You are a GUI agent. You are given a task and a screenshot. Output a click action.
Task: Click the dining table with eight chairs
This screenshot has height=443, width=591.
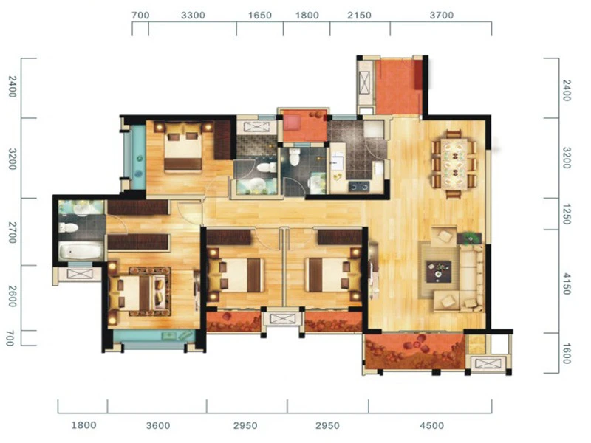454,164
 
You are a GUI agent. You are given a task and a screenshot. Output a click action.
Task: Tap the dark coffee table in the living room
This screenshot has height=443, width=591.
439,271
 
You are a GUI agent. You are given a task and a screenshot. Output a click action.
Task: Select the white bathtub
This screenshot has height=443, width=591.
81,250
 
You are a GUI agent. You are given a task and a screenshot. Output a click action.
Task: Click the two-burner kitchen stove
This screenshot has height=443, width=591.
358,186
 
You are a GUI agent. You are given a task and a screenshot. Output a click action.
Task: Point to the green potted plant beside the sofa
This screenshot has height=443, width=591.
470,238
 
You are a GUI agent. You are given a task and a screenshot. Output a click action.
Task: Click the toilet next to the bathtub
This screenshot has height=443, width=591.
69,227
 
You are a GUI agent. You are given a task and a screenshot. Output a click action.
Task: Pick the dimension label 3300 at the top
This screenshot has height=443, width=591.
193,16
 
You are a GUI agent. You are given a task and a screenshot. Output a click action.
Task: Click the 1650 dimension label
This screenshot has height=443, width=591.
260,16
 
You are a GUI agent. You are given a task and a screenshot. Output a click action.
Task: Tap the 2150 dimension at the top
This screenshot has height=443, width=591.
359,16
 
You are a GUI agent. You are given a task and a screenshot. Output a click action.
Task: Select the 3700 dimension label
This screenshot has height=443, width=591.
441,16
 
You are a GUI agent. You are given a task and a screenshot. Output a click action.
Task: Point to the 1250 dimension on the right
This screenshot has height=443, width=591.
567,214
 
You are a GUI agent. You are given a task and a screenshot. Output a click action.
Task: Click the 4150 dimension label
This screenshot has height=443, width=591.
567,284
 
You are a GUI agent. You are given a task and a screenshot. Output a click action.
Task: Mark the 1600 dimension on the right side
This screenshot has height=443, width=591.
567,354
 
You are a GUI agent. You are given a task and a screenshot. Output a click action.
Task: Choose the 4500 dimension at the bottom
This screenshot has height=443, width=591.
432,426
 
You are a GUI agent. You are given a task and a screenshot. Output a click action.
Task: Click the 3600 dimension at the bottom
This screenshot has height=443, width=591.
158,426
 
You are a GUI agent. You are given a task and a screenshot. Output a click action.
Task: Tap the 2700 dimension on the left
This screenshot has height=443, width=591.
13,233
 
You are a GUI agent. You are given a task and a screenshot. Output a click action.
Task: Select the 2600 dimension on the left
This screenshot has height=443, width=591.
13,297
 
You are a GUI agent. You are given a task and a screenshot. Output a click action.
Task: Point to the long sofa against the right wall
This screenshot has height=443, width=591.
471,278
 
